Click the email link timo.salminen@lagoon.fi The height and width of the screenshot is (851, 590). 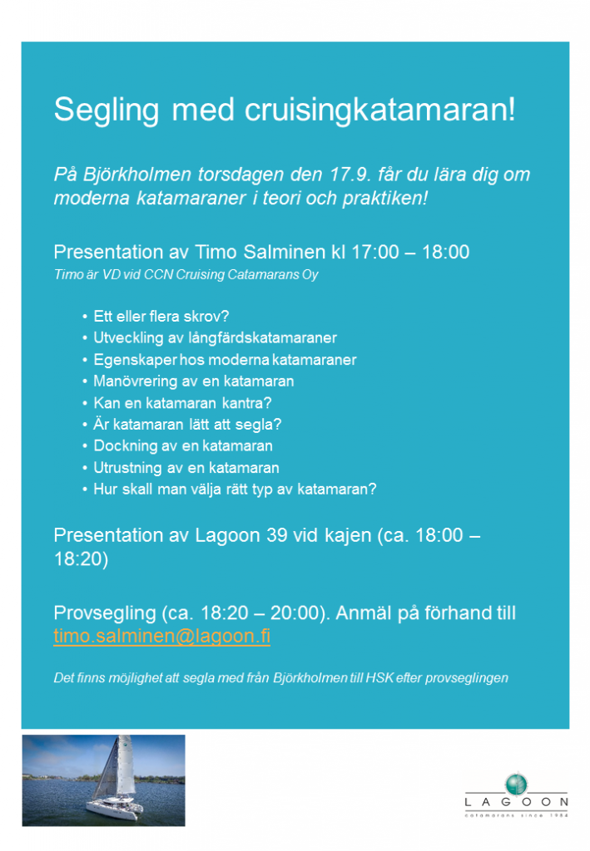[161, 637]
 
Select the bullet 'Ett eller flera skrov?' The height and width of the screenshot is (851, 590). [161, 317]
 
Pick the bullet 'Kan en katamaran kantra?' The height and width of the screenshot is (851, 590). [182, 403]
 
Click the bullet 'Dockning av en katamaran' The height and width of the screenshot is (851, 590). [182, 446]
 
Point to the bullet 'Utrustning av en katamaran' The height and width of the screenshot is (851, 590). [186, 468]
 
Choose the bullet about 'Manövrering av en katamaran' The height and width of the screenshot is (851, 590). [193, 381]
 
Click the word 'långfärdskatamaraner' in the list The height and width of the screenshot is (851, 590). [267, 338]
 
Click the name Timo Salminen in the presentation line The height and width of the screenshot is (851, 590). [262, 253]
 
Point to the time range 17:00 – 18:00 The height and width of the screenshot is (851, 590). [409, 253]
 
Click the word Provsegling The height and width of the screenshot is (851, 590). [103, 613]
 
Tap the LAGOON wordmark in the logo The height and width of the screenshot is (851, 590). [517, 803]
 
